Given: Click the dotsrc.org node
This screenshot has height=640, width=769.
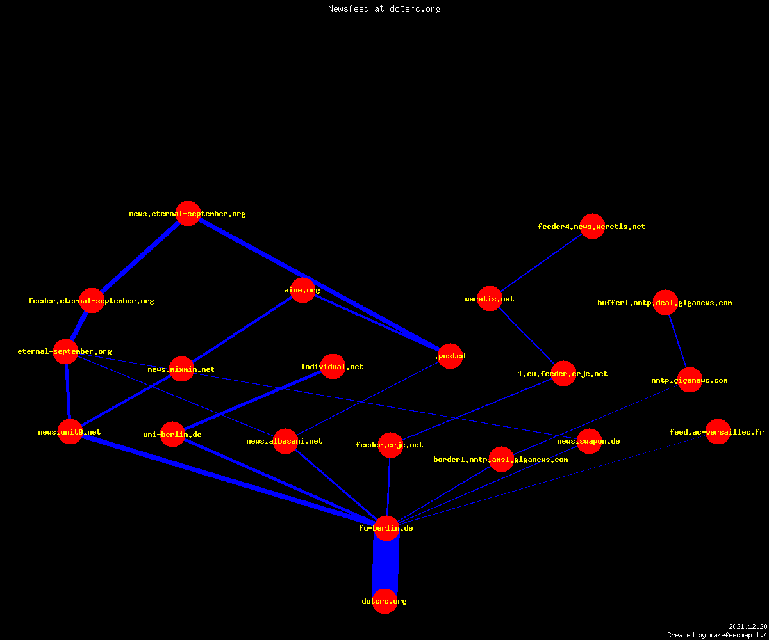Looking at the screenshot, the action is pyautogui.click(x=384, y=601).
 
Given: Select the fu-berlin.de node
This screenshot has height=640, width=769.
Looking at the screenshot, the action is pyautogui.click(x=386, y=528).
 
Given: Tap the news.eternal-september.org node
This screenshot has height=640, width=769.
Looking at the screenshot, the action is pyautogui.click(x=188, y=213).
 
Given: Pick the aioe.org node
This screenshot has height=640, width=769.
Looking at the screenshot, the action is pyautogui.click(x=302, y=290).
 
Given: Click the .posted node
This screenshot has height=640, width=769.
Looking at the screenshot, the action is pyautogui.click(x=450, y=356).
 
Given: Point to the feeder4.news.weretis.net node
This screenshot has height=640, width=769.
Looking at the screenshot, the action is pyautogui.click(x=592, y=226).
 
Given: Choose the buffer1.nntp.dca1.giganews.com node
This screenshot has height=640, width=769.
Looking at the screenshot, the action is pyautogui.click(x=665, y=302).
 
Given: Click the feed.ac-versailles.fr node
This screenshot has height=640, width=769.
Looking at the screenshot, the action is pyautogui.click(x=718, y=432).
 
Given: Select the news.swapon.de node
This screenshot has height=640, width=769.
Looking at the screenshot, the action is pyautogui.click(x=589, y=441).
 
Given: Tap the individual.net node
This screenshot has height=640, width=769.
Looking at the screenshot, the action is pyautogui.click(x=333, y=366).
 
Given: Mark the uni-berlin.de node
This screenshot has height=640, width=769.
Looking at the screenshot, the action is pyautogui.click(x=172, y=435).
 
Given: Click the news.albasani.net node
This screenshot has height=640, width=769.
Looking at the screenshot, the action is pyautogui.click(x=285, y=441).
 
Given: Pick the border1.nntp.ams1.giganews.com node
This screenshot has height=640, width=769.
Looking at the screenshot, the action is pyautogui.click(x=501, y=460).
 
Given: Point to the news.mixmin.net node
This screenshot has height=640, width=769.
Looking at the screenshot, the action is pyautogui.click(x=181, y=369).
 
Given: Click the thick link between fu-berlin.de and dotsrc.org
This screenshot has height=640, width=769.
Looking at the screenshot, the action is pyautogui.click(x=386, y=564).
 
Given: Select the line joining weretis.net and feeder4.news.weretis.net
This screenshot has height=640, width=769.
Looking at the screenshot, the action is pyautogui.click(x=541, y=262).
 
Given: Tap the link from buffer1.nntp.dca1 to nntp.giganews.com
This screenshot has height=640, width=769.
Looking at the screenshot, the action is pyautogui.click(x=677, y=341).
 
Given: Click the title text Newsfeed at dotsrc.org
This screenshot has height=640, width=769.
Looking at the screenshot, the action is pyautogui.click(x=384, y=9).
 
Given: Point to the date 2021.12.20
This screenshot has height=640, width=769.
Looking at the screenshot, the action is pyautogui.click(x=748, y=627).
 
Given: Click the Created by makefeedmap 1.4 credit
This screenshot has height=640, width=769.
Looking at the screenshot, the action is pyautogui.click(x=717, y=636).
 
